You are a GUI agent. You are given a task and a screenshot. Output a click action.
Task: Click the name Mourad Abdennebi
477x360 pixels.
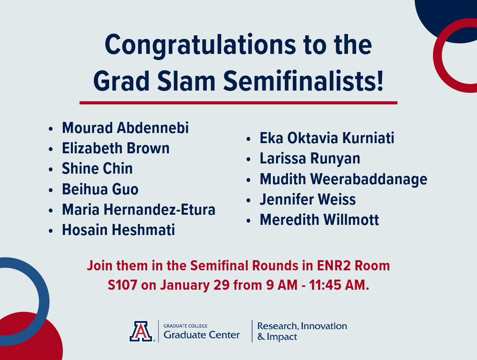125,128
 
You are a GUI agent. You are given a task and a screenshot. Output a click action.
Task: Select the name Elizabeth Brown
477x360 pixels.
116,148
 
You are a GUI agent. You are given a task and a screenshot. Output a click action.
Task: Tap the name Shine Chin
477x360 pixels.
97,168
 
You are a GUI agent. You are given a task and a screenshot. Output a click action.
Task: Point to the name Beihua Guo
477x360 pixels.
100,189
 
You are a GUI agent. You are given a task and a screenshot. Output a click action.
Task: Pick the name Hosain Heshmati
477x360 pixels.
118,230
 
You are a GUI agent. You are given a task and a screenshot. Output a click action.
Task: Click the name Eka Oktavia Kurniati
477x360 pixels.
327,138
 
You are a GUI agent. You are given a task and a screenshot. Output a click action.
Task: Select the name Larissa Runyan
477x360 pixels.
310,158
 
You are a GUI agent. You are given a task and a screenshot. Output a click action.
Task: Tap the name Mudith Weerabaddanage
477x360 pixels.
343,179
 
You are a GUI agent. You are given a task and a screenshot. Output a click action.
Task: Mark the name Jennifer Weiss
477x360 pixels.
308,199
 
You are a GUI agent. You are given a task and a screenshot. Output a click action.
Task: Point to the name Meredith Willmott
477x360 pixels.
319,220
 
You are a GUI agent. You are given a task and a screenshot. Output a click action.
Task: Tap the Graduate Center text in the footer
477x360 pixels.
201,335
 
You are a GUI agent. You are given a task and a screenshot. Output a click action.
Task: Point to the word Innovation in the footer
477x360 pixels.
325,326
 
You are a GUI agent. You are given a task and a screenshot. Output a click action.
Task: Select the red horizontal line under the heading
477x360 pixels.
238,102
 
